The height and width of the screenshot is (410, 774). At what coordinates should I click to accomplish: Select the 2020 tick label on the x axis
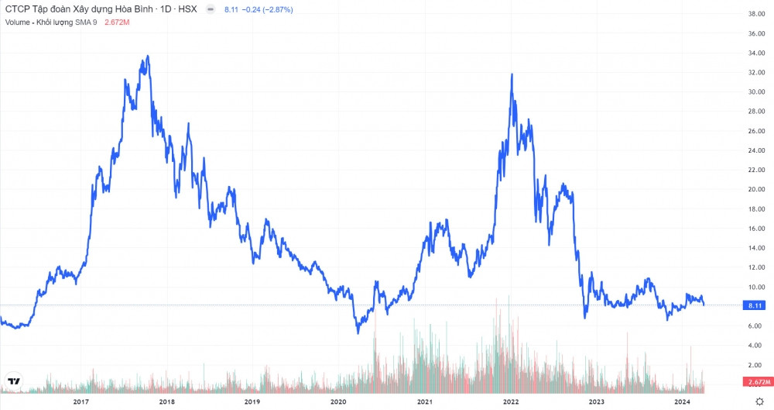point(338,401)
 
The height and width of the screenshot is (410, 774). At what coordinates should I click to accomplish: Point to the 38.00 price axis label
point(756,14)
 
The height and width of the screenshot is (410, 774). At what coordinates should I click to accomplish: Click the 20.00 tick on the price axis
point(756,190)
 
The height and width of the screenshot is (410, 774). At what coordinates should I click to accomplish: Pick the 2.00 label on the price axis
point(755,365)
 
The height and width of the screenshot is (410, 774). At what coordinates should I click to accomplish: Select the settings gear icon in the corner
point(759,401)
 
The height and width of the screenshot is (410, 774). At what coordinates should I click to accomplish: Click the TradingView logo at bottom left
point(13,381)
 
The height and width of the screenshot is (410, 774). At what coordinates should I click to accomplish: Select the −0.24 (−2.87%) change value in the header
point(263,9)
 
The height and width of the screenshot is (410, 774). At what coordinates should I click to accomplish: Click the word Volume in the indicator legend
point(17,22)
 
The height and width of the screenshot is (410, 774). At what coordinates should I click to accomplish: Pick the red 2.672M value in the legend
point(116,22)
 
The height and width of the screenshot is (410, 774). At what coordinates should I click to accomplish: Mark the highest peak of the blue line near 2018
point(147,56)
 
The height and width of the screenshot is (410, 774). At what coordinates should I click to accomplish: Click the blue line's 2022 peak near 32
point(512,74)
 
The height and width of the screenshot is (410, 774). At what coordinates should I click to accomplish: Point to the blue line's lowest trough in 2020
point(358,333)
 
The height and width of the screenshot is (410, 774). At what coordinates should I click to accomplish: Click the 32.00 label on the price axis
point(756,73)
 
